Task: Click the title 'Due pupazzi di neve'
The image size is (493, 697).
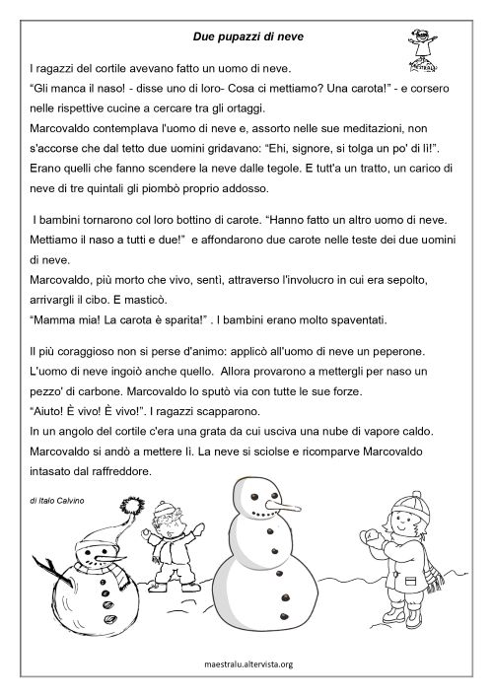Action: [246, 37]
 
